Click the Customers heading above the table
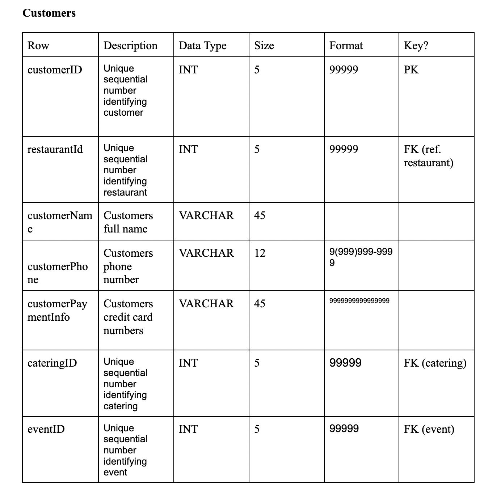pyautogui.click(x=49, y=13)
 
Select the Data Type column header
pyautogui.click(x=202, y=46)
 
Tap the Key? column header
pyautogui.click(x=416, y=46)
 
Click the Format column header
pyautogui.click(x=346, y=46)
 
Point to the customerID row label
pyautogui.click(x=55, y=69)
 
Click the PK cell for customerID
pyautogui.click(x=411, y=69)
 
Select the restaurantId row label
pyautogui.click(x=55, y=149)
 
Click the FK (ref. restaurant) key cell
pyautogui.click(x=428, y=156)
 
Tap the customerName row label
pyautogui.click(x=60, y=222)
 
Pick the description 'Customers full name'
pyautogui.click(x=128, y=222)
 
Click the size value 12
pyautogui.click(x=260, y=253)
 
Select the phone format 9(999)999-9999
pyautogui.click(x=361, y=257)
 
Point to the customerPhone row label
pyautogui.click(x=58, y=273)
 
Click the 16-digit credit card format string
pyautogui.click(x=359, y=300)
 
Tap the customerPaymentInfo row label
pyautogui.click(x=57, y=310)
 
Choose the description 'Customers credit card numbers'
pyautogui.click(x=128, y=317)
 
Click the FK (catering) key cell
pyautogui.click(x=435, y=363)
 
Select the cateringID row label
pyautogui.click(x=52, y=363)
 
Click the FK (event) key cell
pyautogui.click(x=429, y=429)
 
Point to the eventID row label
pyautogui.click(x=46, y=429)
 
